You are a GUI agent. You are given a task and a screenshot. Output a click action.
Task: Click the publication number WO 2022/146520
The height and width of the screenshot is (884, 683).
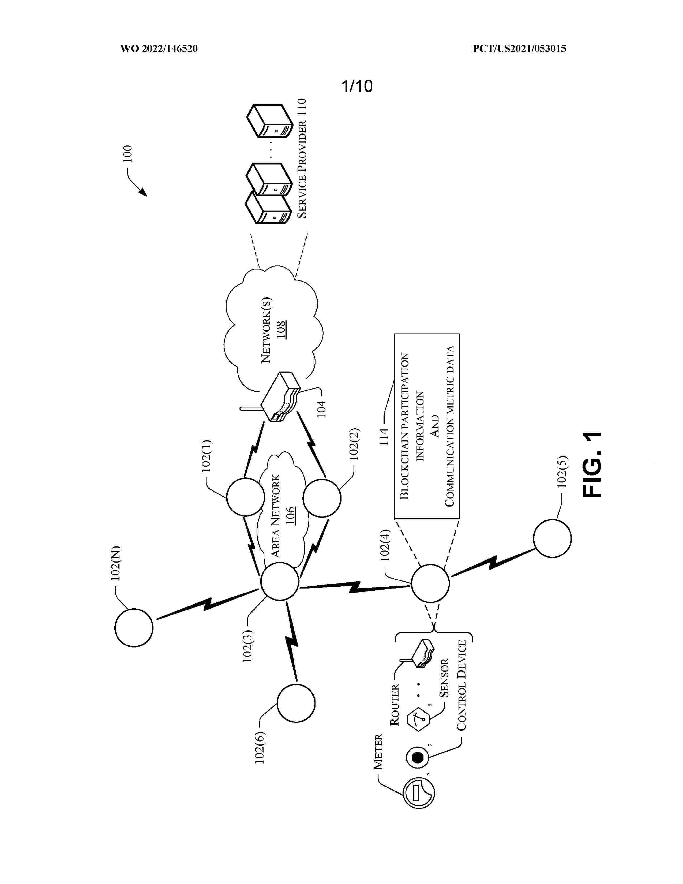pyautogui.click(x=159, y=49)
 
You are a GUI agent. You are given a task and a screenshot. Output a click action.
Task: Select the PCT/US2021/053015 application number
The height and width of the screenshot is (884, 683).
pyautogui.click(x=519, y=49)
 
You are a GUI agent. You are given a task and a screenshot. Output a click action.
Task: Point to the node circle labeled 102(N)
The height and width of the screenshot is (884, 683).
pyautogui.click(x=134, y=627)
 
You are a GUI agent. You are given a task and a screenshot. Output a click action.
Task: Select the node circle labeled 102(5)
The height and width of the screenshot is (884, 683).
pyautogui.click(x=552, y=538)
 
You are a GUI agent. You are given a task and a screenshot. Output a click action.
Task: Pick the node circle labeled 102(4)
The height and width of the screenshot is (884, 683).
pyautogui.click(x=430, y=583)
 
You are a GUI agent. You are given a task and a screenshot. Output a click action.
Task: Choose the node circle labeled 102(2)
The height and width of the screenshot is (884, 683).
pyautogui.click(x=322, y=498)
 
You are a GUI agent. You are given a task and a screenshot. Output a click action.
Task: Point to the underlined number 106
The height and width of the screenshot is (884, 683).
pyautogui.click(x=290, y=515)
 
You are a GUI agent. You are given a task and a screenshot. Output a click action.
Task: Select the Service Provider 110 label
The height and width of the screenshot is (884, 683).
pyautogui.click(x=302, y=158)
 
